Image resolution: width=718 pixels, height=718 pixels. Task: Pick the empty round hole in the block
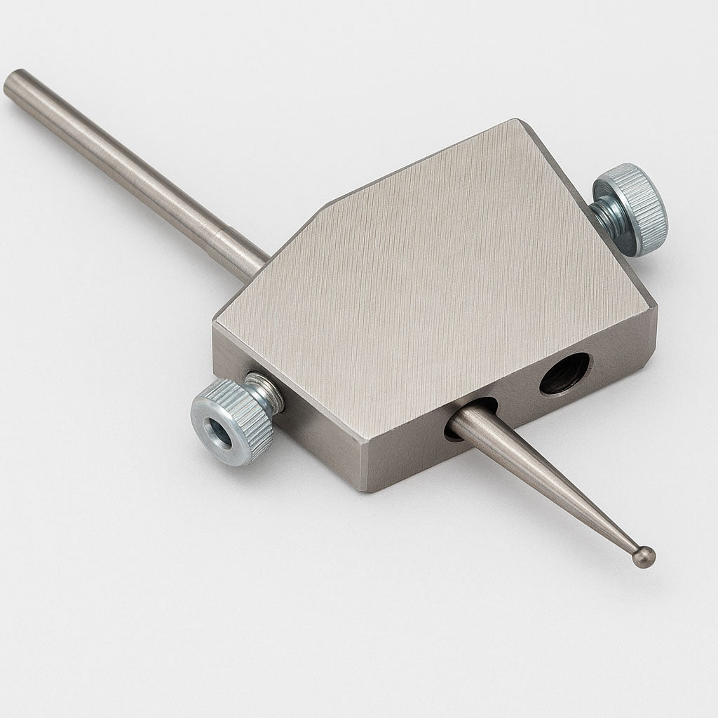[x=564, y=373]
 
